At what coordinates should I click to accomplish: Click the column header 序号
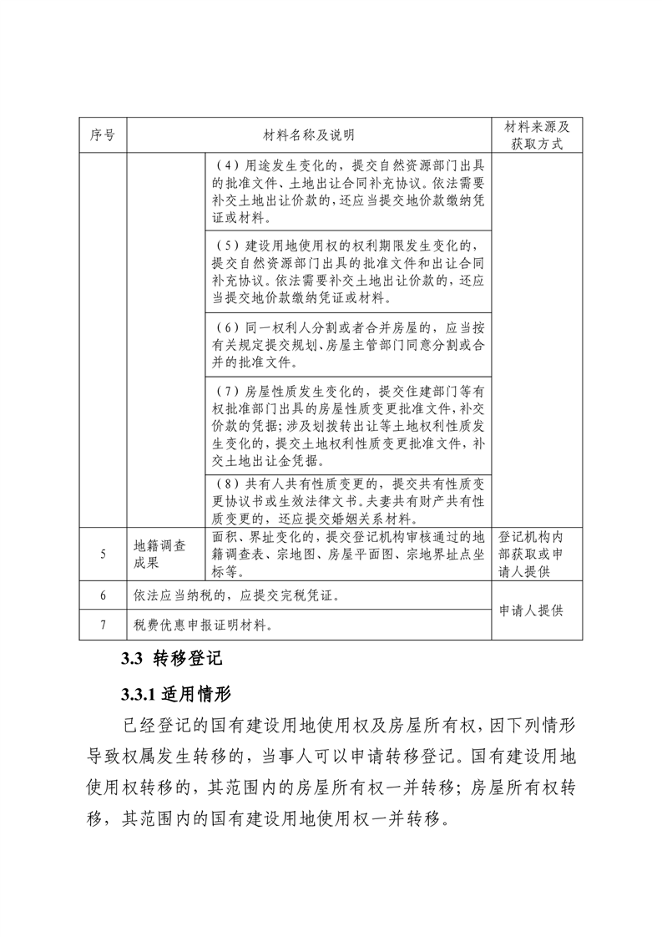point(102,134)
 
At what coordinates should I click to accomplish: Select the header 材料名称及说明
point(308,134)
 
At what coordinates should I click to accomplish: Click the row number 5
point(102,553)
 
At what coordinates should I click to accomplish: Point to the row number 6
point(102,596)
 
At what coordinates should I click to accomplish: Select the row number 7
point(102,624)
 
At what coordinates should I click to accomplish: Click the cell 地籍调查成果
point(159,553)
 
